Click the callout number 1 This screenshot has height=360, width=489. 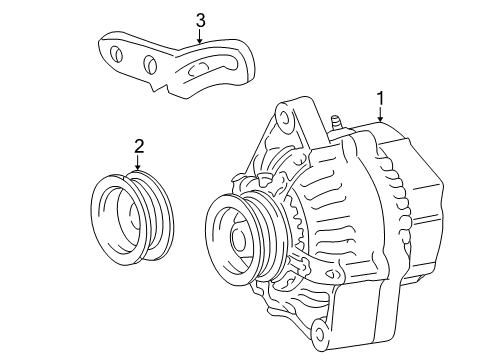379,98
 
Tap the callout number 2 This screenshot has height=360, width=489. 139,147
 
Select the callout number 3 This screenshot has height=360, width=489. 200,19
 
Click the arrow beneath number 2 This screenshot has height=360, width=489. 139,167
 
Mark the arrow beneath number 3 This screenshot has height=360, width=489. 200,38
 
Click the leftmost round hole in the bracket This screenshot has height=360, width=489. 118,56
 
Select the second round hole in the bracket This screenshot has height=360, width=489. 150,66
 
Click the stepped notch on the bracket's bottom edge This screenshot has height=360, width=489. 157,89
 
